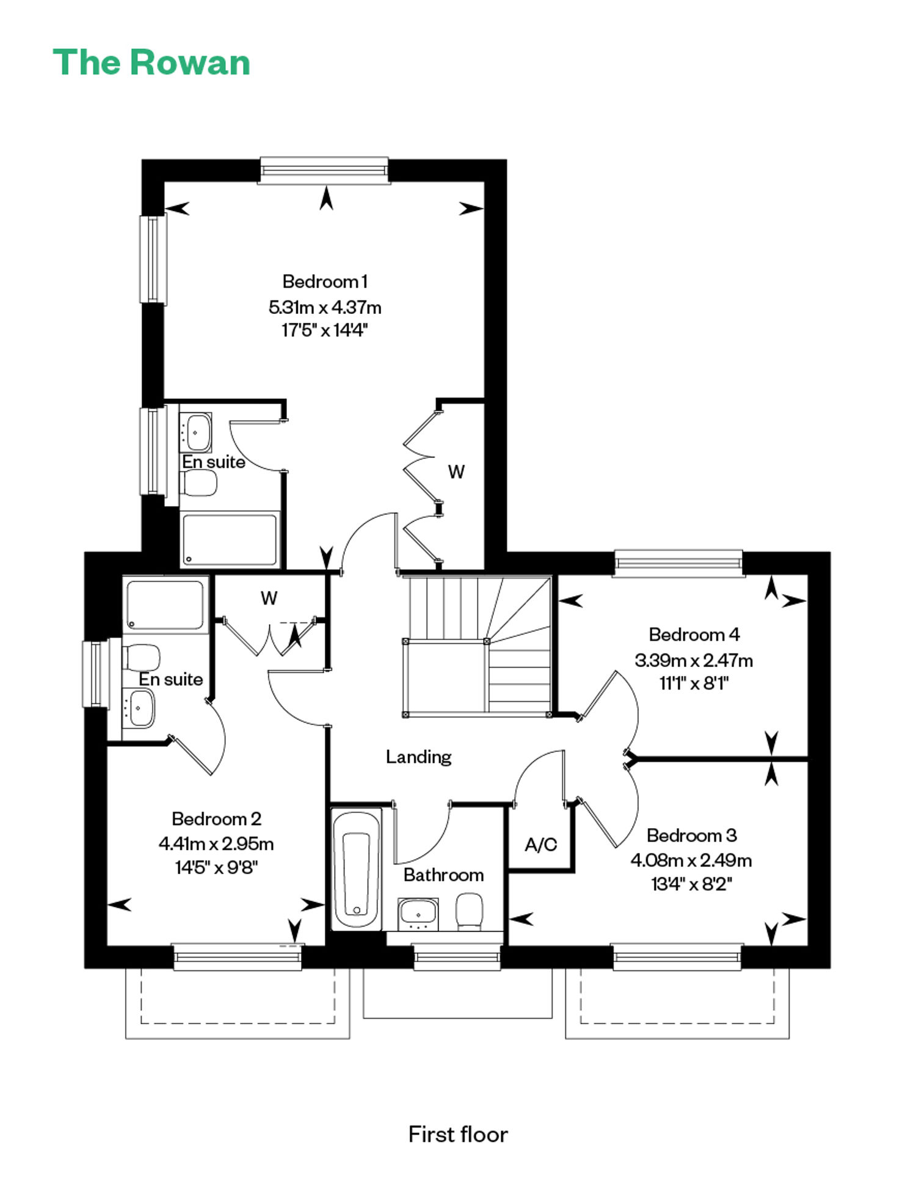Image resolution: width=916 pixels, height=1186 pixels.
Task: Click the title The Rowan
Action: click(151, 63)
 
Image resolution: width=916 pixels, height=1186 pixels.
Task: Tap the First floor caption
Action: click(458, 1134)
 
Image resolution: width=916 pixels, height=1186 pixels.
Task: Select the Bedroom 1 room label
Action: click(325, 282)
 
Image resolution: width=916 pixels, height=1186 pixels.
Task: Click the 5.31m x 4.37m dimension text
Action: click(325, 307)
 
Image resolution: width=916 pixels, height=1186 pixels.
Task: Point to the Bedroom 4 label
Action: click(694, 635)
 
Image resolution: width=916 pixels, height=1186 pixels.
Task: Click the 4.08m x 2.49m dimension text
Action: click(691, 860)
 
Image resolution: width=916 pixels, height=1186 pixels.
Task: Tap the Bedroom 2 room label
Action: click(216, 818)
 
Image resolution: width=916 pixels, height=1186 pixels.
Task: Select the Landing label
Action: click(418, 757)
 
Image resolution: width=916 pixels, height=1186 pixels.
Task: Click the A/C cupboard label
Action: click(541, 845)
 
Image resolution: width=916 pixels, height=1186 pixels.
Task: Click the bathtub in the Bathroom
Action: click(357, 869)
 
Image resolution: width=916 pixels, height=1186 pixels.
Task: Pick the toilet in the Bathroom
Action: click(470, 912)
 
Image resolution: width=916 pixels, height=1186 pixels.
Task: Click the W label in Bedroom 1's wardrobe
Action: click(456, 471)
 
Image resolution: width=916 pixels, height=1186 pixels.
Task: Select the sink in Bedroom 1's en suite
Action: click(195, 432)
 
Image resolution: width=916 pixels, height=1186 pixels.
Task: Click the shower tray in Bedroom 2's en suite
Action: click(165, 605)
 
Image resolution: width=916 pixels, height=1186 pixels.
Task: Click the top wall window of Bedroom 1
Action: click(324, 170)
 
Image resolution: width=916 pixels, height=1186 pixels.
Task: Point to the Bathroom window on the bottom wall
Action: click(457, 957)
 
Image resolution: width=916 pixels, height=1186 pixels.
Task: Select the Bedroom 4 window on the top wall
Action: click(678, 562)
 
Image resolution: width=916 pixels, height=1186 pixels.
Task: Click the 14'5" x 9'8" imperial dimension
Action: click(216, 867)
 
